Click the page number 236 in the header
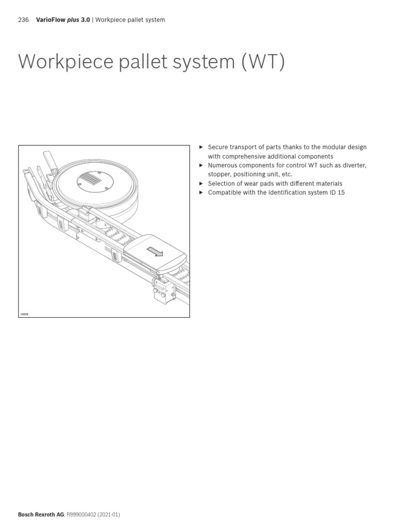(x=23, y=20)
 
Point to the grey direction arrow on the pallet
(x=155, y=252)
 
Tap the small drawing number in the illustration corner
(x=24, y=314)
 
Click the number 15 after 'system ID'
(x=341, y=193)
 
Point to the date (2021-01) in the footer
(x=112, y=515)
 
